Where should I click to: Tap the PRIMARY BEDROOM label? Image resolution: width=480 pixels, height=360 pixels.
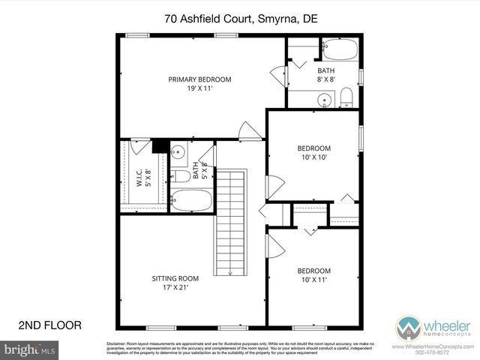(199, 79)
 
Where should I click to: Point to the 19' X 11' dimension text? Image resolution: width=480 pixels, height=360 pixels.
(199, 89)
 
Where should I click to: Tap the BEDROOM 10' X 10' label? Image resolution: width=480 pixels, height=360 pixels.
(313, 152)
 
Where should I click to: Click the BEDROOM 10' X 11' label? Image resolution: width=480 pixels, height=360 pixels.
(313, 274)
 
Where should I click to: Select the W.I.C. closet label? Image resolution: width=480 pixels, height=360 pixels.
(140, 176)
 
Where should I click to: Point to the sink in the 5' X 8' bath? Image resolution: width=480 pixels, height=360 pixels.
(178, 153)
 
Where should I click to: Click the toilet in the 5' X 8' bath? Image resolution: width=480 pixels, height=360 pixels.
(181, 177)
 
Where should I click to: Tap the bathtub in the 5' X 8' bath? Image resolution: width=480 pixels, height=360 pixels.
(192, 200)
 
